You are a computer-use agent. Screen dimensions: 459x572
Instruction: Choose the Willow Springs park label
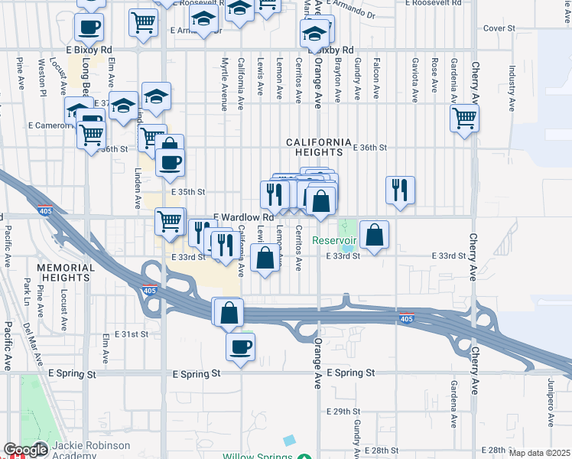(258, 457)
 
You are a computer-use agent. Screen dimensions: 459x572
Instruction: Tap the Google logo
(26, 450)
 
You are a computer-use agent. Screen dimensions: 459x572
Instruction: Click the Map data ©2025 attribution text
(539, 453)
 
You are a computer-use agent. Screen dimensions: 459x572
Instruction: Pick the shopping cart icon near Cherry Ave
(464, 119)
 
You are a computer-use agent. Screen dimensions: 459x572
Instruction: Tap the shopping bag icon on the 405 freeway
(229, 312)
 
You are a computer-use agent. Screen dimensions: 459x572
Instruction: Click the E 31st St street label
(131, 335)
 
